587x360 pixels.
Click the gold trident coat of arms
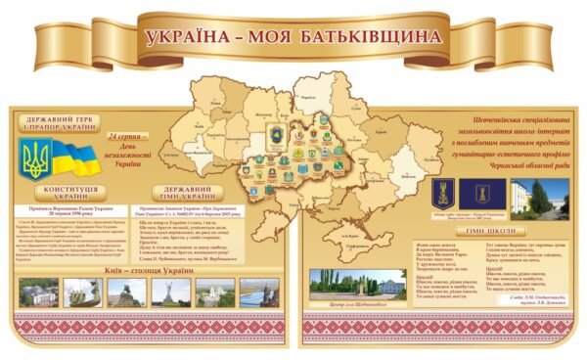[35, 157]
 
